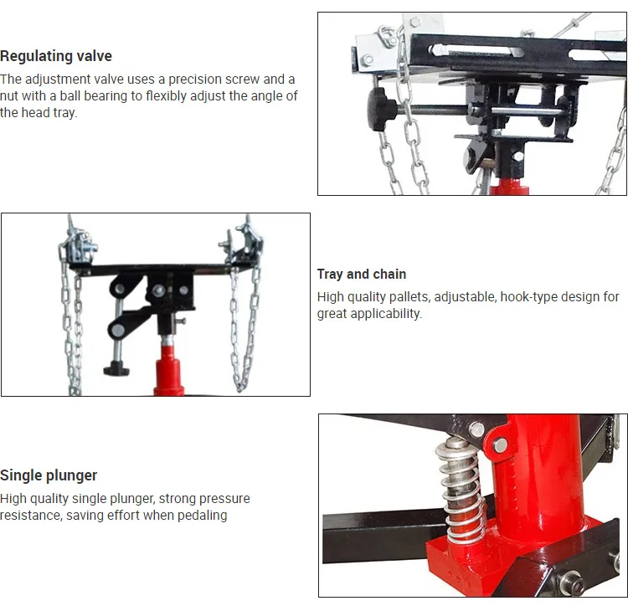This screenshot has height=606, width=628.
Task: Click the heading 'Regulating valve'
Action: pos(56,56)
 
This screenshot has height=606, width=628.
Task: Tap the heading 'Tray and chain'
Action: pos(362,275)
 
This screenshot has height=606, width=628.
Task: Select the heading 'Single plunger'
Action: pos(49,475)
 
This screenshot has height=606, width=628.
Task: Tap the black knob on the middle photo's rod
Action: pos(116,368)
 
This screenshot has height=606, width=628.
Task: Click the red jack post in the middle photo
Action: pos(169,367)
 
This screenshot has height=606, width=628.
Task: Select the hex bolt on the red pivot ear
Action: pos(499,444)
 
